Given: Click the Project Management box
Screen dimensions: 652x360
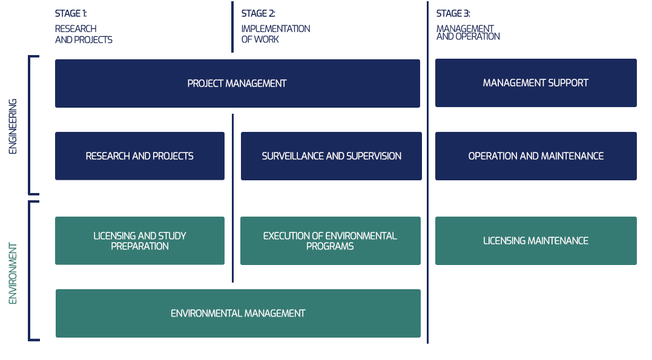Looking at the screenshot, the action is (x=237, y=83).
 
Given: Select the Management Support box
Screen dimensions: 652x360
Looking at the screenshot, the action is (x=536, y=83).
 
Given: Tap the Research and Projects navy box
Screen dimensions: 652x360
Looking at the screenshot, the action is (x=140, y=156).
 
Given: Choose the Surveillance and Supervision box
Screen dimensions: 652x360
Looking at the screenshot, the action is (x=331, y=156).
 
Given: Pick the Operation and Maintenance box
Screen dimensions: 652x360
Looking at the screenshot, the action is (x=536, y=156).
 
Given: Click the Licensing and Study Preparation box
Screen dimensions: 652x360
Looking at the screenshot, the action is (x=140, y=241).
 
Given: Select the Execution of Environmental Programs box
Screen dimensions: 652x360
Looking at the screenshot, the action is (x=331, y=241).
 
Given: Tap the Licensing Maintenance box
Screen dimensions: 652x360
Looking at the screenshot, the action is (x=536, y=241).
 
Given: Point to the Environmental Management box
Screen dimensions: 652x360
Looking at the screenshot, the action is (x=239, y=313).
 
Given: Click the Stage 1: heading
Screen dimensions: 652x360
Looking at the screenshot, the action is (x=71, y=14).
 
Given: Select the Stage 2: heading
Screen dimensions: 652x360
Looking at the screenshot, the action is (x=258, y=14).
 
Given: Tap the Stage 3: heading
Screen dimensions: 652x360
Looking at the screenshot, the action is (x=453, y=14).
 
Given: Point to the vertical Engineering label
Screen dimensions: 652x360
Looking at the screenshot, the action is (x=13, y=126).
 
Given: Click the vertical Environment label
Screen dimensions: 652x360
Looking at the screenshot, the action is (x=13, y=273).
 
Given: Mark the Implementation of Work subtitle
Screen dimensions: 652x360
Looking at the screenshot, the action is (x=275, y=34).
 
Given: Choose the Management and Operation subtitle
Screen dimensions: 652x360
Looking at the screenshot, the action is (x=468, y=33).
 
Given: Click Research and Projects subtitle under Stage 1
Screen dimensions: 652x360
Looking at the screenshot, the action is (x=84, y=34).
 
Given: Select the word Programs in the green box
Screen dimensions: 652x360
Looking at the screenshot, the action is (x=330, y=246).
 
